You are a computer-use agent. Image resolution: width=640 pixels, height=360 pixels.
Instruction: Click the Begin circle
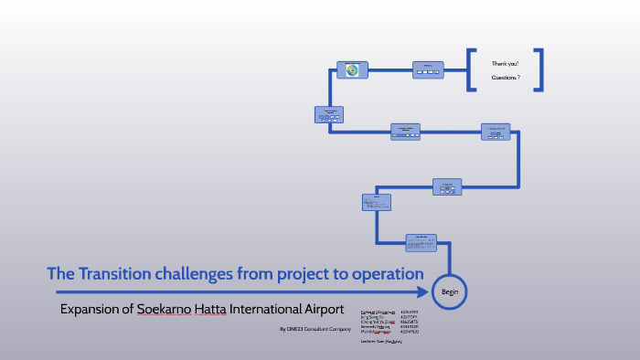451,291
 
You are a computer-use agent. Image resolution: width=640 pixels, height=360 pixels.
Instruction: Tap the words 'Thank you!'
506,63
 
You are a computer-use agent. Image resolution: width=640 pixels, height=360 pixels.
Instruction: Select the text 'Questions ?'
506,78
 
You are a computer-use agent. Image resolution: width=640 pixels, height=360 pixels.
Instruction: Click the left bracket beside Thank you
471,70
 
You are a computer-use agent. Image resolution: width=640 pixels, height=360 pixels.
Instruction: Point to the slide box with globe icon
352,69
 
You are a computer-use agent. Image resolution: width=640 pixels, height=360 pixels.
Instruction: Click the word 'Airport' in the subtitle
320,309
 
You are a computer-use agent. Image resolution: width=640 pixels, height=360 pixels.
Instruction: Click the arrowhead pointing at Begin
423,292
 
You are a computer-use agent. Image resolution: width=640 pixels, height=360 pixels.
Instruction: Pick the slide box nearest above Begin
421,241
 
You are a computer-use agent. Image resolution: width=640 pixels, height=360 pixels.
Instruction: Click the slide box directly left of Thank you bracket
428,69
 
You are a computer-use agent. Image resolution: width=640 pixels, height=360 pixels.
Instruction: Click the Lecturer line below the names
382,341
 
